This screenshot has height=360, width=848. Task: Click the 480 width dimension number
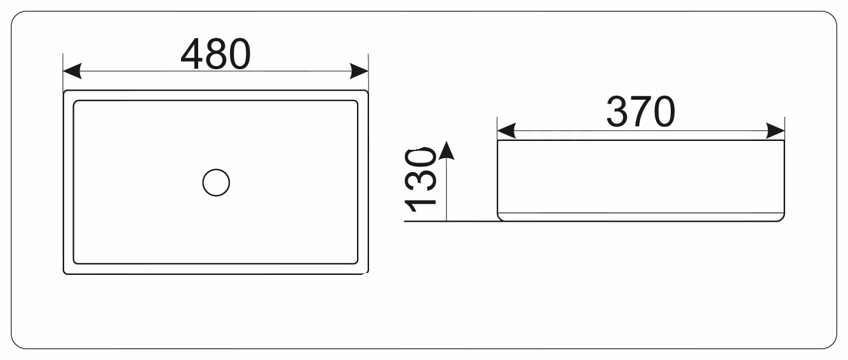pos(215,53)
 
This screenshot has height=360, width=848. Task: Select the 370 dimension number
pos(640,112)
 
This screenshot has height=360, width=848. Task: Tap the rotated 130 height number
pos(421,180)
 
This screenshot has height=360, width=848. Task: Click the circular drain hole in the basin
pos(216,182)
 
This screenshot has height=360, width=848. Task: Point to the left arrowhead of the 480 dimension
pos(72,71)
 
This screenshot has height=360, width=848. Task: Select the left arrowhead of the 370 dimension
pos(506,131)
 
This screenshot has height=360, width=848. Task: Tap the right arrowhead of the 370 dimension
pos(776,131)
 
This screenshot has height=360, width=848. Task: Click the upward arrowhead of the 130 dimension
pos(447,150)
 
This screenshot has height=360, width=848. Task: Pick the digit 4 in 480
pos(192,53)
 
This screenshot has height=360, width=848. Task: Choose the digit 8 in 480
pos(216,53)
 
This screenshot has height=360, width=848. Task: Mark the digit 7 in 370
pos(640,112)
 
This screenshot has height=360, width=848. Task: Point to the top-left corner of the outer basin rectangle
pos(64,90)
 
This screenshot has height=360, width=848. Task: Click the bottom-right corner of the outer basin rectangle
pos(368,274)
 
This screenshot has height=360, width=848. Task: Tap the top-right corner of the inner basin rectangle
pos(358,101)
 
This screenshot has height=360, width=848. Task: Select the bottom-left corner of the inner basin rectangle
pos(74,263)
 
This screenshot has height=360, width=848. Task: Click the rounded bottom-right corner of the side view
pos(782,219)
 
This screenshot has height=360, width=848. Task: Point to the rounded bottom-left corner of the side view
pos(500,219)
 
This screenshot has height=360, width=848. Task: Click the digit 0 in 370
pos(664,112)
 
